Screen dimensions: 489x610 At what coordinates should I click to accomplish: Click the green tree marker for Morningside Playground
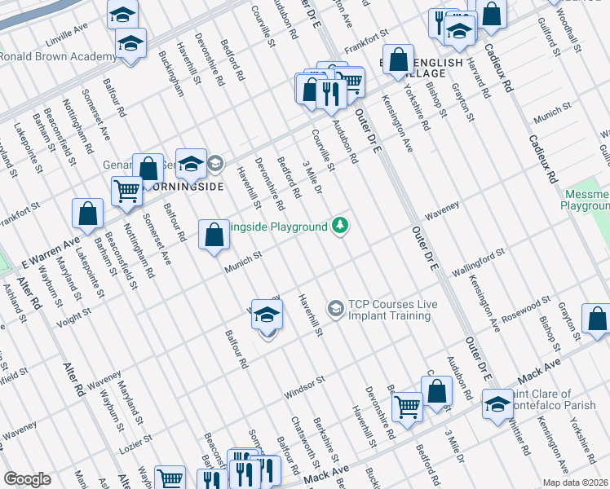pyautogui.click(x=340, y=226)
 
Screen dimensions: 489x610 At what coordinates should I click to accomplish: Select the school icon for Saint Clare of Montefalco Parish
pyautogui.click(x=497, y=404)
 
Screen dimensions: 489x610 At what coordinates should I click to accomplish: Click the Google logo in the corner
pyautogui.click(x=27, y=479)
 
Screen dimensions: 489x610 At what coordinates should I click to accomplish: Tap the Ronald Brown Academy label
pyautogui.click(x=58, y=57)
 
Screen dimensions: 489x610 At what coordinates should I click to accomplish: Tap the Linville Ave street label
pyautogui.click(x=67, y=32)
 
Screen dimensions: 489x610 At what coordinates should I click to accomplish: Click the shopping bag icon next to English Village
pyautogui.click(x=398, y=60)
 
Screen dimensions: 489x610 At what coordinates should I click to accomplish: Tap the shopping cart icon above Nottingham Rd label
pyautogui.click(x=126, y=192)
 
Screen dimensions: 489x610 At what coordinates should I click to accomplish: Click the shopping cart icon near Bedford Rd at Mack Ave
pyautogui.click(x=406, y=406)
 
